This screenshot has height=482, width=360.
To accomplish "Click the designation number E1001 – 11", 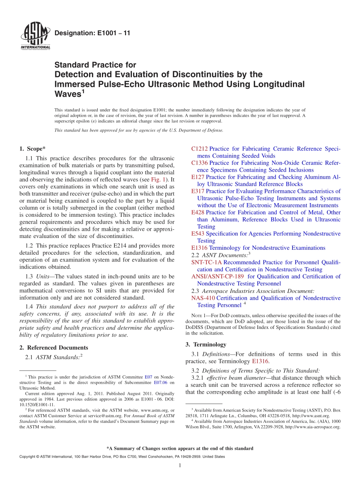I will (x=92, y=33).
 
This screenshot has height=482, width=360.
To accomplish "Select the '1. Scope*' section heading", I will (x=32, y=149).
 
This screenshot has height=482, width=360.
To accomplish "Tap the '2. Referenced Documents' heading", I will (x=54, y=347).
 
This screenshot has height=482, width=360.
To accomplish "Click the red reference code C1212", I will (x=199, y=149).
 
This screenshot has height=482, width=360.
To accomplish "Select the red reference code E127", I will (x=198, y=177).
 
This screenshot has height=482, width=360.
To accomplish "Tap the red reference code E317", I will (x=198, y=191).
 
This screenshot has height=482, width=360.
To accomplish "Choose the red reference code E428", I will (x=198, y=213).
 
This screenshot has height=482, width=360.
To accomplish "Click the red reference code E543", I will (x=198, y=234).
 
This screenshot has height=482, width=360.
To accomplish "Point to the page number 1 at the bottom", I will (x=180, y=466).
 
